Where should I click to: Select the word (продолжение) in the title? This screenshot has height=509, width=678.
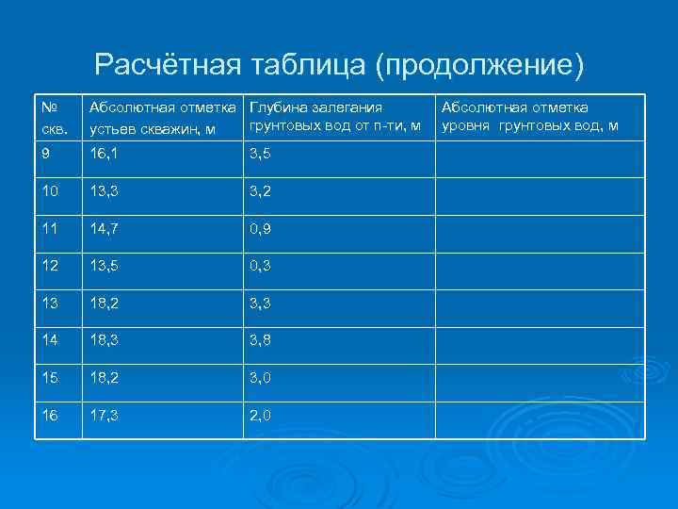click(x=479, y=66)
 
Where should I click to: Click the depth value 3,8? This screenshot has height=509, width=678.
click(x=262, y=342)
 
